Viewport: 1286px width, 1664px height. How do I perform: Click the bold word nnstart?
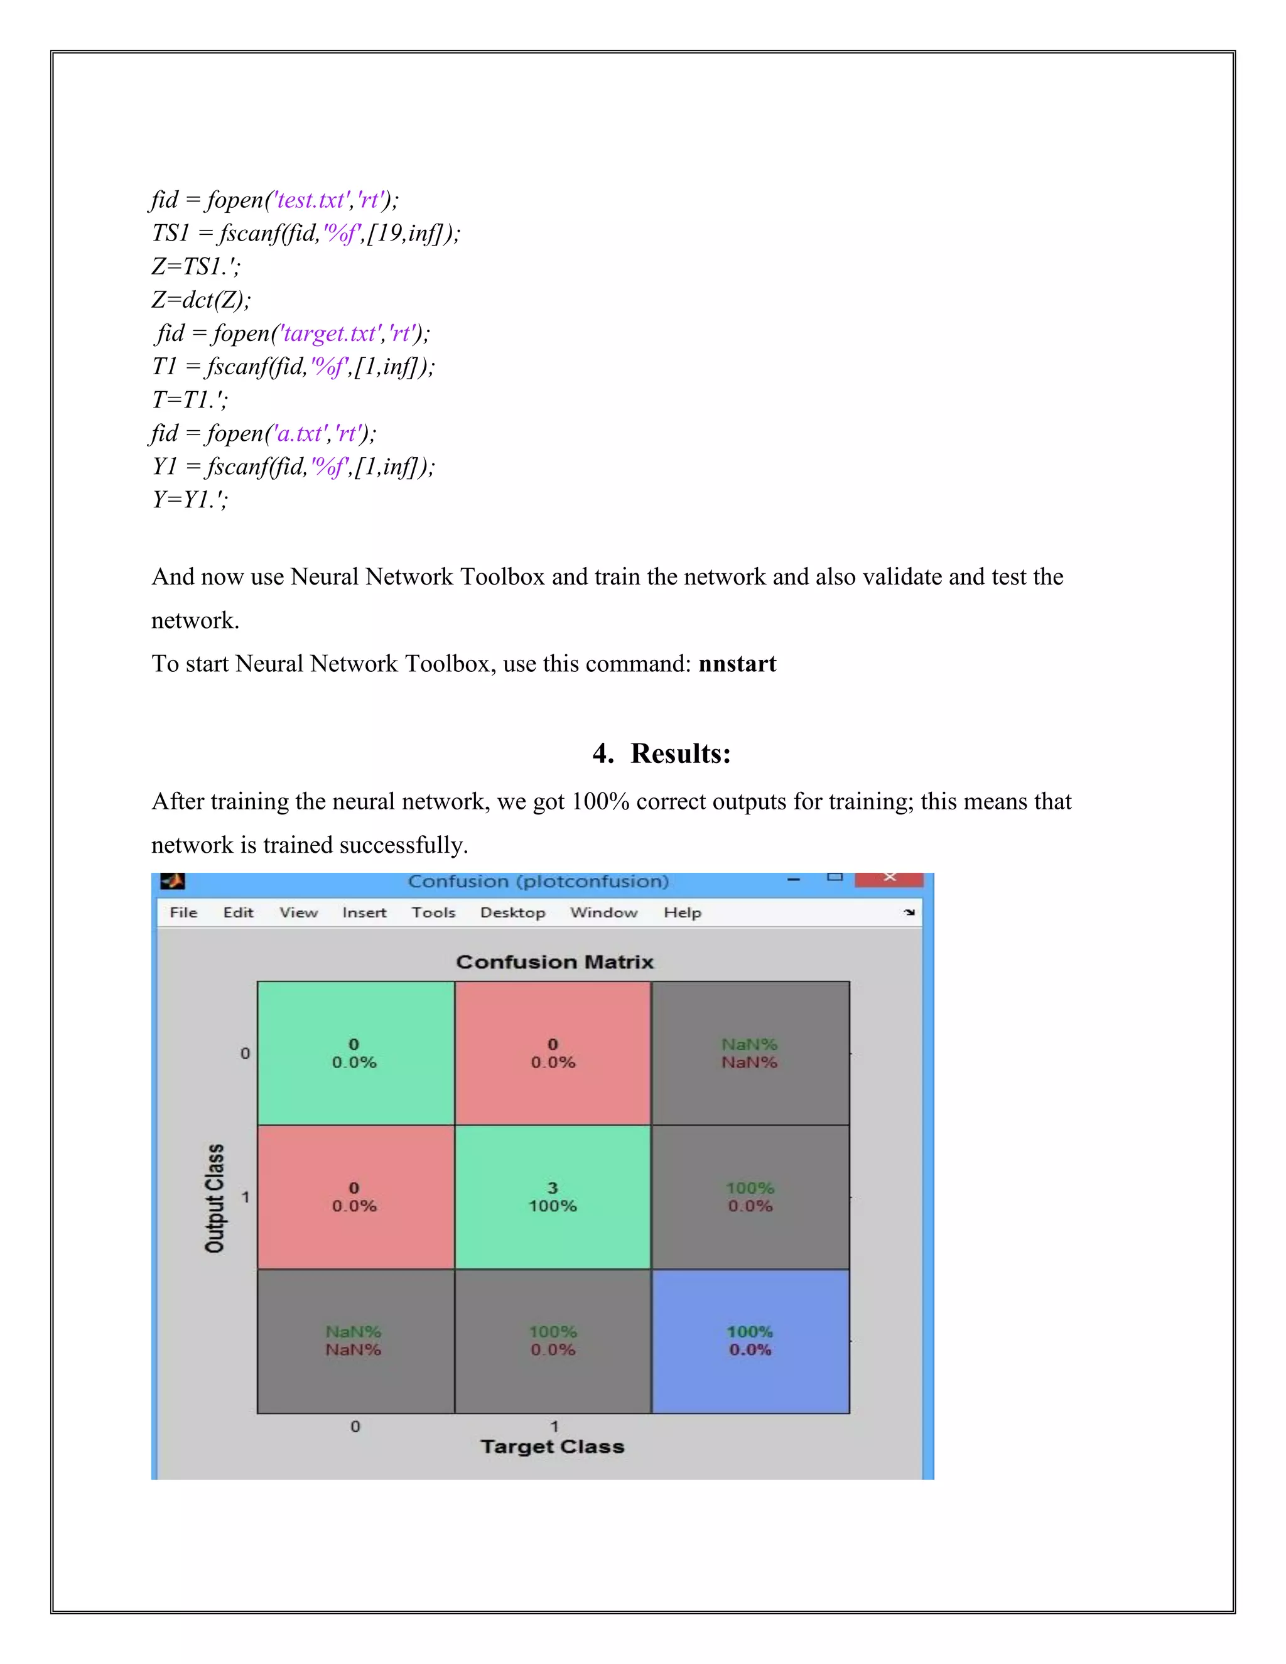point(737,664)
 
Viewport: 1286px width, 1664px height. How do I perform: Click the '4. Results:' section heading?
point(661,753)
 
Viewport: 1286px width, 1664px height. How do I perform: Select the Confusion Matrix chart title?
point(554,961)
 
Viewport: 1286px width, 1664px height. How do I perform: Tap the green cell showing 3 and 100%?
point(553,1196)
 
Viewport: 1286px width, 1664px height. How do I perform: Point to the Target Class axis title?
point(553,1446)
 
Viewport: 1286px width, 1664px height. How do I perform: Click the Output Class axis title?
point(215,1197)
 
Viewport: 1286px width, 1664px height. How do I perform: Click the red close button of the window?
point(889,878)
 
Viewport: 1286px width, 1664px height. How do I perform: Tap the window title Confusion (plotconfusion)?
point(538,882)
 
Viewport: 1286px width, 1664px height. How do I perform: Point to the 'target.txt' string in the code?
point(330,333)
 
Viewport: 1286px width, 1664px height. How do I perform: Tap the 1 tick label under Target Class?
point(554,1425)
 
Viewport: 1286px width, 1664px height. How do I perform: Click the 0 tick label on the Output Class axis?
point(244,1053)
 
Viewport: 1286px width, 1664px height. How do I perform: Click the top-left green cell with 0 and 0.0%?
point(355,1052)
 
